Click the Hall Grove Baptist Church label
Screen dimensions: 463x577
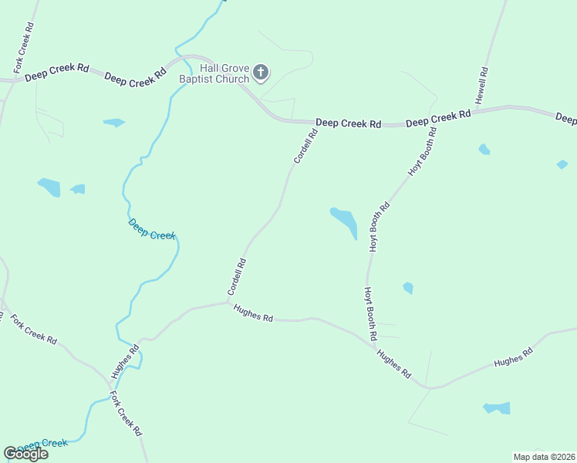point(214,73)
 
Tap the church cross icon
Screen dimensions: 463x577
point(261,73)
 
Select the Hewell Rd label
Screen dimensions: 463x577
point(481,86)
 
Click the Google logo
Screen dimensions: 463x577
point(25,454)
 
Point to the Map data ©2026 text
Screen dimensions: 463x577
point(543,457)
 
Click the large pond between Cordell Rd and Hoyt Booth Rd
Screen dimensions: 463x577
point(344,221)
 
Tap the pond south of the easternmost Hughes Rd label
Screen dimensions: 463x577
point(497,407)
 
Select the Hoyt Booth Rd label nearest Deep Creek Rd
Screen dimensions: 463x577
point(423,153)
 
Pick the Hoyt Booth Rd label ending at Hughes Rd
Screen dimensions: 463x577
point(370,314)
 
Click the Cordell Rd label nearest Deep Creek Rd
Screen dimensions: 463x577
point(305,146)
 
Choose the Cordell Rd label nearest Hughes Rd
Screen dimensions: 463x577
point(237,276)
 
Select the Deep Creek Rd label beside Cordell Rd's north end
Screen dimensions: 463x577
point(349,123)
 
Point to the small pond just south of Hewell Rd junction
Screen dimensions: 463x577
point(484,149)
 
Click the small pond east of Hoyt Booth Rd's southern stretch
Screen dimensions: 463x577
point(407,288)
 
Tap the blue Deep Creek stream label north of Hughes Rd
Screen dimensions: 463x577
point(152,230)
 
